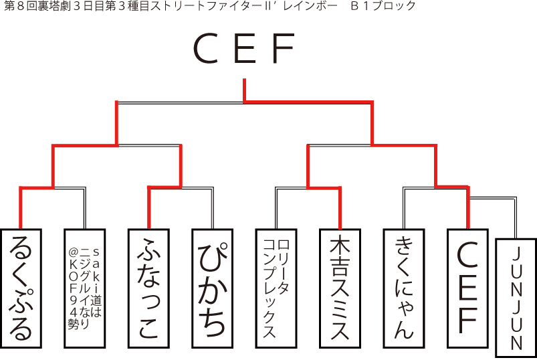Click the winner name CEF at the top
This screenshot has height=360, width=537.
244,49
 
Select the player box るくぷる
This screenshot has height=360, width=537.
21,288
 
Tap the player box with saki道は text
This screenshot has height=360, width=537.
85,288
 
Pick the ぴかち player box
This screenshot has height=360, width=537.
212,288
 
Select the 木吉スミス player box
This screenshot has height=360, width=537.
340,288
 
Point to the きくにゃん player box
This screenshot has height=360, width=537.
404,288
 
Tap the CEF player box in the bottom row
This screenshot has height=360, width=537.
467,288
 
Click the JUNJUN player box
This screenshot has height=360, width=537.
516,298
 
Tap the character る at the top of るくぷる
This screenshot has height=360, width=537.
21,249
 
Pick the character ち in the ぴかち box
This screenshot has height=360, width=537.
212,323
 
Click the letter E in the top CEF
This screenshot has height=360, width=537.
244,49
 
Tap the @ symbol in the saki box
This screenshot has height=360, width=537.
74,253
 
